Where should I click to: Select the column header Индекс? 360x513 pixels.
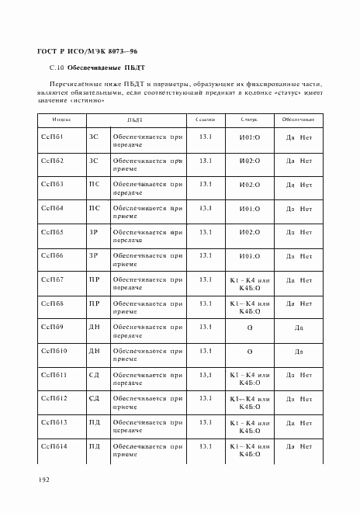(62, 120)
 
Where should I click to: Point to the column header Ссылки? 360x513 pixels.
(206, 120)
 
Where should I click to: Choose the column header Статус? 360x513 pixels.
(249, 120)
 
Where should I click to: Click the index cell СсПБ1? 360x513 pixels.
(52, 137)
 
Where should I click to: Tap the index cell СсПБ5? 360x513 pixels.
(52, 232)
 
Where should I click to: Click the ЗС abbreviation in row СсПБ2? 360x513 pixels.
(94, 161)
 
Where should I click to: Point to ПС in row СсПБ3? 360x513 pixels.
(94, 185)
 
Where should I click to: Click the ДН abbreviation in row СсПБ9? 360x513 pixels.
(94, 328)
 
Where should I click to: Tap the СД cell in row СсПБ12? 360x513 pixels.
(94, 398)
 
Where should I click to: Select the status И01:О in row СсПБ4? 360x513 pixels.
(249, 209)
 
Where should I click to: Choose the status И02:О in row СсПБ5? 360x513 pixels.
(249, 232)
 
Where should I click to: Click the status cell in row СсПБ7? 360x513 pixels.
(249, 283)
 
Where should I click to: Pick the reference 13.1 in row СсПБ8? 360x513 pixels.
(206, 303)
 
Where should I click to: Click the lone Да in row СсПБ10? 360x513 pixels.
(298, 352)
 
